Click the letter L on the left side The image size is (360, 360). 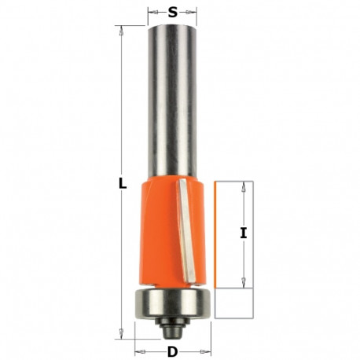point(123,183)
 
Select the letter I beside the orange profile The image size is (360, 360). point(244,233)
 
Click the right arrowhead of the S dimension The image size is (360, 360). point(193,13)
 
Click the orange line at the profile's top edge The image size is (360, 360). point(234,180)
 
